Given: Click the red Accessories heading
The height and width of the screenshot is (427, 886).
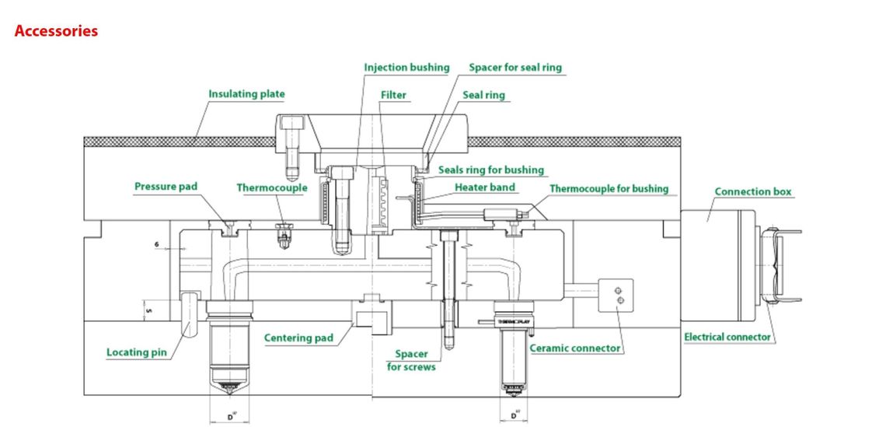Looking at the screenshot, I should point(56,31).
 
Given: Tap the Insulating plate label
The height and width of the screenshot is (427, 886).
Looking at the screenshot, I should point(246,94).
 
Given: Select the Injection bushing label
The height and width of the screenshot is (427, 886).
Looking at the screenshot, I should point(406,68).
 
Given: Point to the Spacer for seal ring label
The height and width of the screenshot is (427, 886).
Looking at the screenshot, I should point(515,68).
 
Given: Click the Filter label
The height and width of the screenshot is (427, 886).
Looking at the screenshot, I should point(393,95).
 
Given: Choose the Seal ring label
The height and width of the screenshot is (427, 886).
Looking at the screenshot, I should point(483,95).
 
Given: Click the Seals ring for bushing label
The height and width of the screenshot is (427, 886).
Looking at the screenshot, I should point(491,170).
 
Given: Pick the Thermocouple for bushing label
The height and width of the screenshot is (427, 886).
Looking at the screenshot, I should point(609,188).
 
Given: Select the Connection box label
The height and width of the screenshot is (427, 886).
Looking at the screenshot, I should point(754,191).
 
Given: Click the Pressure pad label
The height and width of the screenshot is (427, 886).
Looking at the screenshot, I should point(166,187).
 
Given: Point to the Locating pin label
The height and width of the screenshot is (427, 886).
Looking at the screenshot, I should point(137,352).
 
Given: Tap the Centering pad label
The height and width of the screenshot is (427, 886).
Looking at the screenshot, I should point(298,338).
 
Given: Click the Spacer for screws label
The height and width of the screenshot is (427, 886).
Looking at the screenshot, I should point(411,360).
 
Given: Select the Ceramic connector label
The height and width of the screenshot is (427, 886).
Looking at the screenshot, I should point(575,348).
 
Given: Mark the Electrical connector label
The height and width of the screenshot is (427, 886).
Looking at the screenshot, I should point(727,337).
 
